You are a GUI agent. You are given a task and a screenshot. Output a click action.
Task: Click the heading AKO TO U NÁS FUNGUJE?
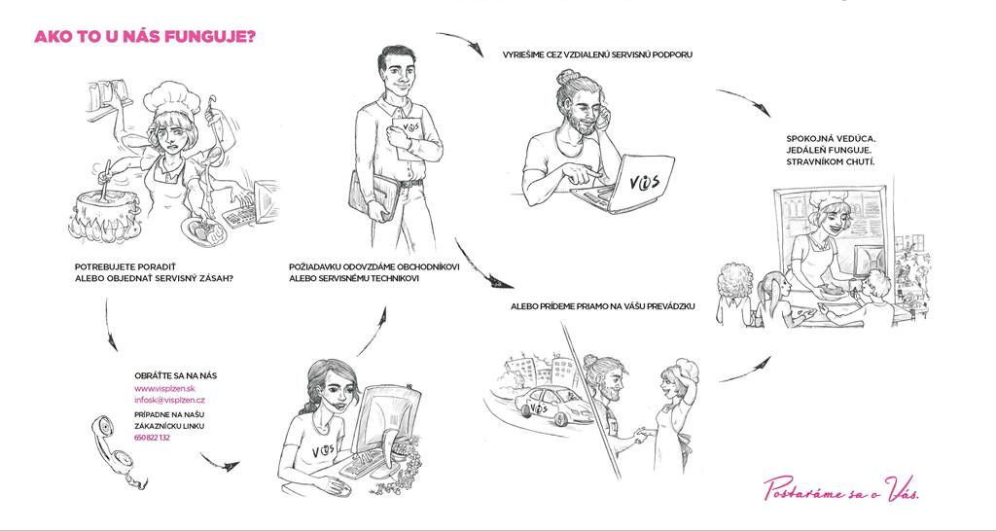[x=145, y=36]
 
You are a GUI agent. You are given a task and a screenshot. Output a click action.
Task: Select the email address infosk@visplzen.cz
[x=169, y=400]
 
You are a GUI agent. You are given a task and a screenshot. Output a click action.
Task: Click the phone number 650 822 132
[x=152, y=438]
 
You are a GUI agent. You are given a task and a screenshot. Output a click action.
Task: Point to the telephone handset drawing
[x=118, y=451]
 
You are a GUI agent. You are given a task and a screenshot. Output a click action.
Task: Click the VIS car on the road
[x=552, y=405]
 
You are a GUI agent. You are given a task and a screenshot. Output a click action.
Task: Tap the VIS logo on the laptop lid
[x=644, y=182]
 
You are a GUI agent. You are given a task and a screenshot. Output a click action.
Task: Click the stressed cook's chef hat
[x=171, y=97]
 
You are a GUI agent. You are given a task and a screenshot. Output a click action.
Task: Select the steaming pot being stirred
[x=105, y=215]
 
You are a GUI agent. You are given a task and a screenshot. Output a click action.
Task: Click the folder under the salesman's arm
[x=373, y=195]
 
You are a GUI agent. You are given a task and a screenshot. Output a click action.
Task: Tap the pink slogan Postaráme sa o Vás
[x=841, y=488]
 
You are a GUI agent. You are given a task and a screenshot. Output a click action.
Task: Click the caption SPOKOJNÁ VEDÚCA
[x=827, y=138]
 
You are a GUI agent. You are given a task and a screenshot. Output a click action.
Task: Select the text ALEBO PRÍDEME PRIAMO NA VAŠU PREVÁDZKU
[x=603, y=306]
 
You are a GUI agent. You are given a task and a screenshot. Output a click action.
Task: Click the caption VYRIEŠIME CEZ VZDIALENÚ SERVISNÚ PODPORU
[x=597, y=54]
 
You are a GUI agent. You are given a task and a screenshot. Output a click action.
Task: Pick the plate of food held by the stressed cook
[x=203, y=231]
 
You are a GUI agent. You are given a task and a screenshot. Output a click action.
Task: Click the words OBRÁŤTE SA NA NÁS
[x=175, y=375]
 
